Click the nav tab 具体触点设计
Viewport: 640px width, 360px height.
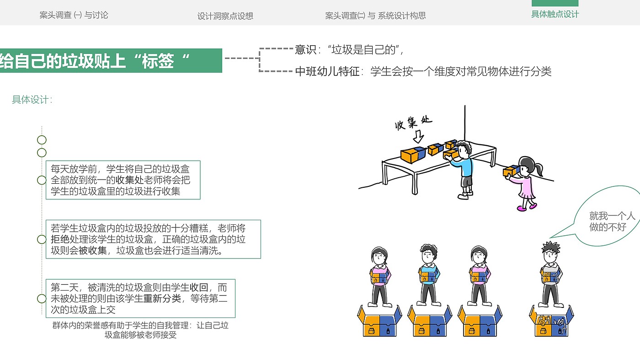(555, 14)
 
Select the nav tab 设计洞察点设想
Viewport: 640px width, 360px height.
(225, 16)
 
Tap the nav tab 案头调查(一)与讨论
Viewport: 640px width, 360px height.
(74, 15)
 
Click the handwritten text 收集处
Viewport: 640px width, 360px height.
(413, 123)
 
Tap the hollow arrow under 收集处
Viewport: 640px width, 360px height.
(418, 137)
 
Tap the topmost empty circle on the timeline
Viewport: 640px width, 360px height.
(42, 140)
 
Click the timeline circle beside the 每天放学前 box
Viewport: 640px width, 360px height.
(42, 180)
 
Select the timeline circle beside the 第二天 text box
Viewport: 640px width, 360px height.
(42, 299)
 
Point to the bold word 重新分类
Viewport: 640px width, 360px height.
(162, 299)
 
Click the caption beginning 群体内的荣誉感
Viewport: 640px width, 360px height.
(140, 330)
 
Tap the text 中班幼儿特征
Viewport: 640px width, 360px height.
(327, 71)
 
